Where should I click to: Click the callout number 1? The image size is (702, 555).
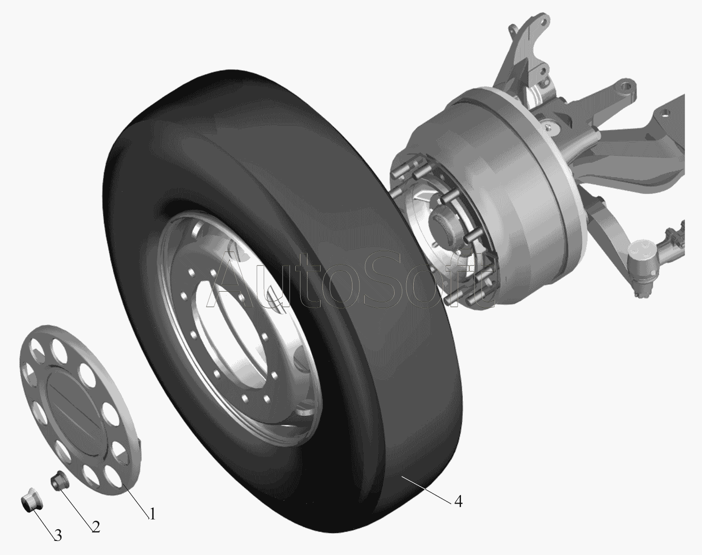pyautogui.click(x=153, y=514)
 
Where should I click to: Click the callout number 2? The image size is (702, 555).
pyautogui.click(x=95, y=527)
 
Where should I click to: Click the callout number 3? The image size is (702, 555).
pyautogui.click(x=58, y=536)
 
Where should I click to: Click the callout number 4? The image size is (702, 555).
pyautogui.click(x=458, y=501)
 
